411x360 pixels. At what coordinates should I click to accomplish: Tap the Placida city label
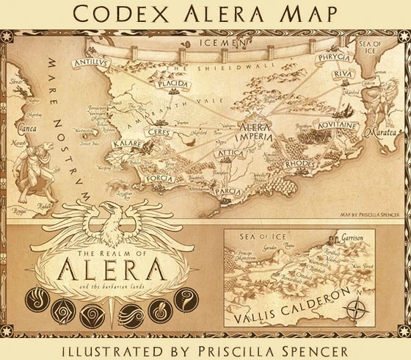[x=174, y=84]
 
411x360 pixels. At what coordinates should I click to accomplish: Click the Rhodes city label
[x=299, y=163]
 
